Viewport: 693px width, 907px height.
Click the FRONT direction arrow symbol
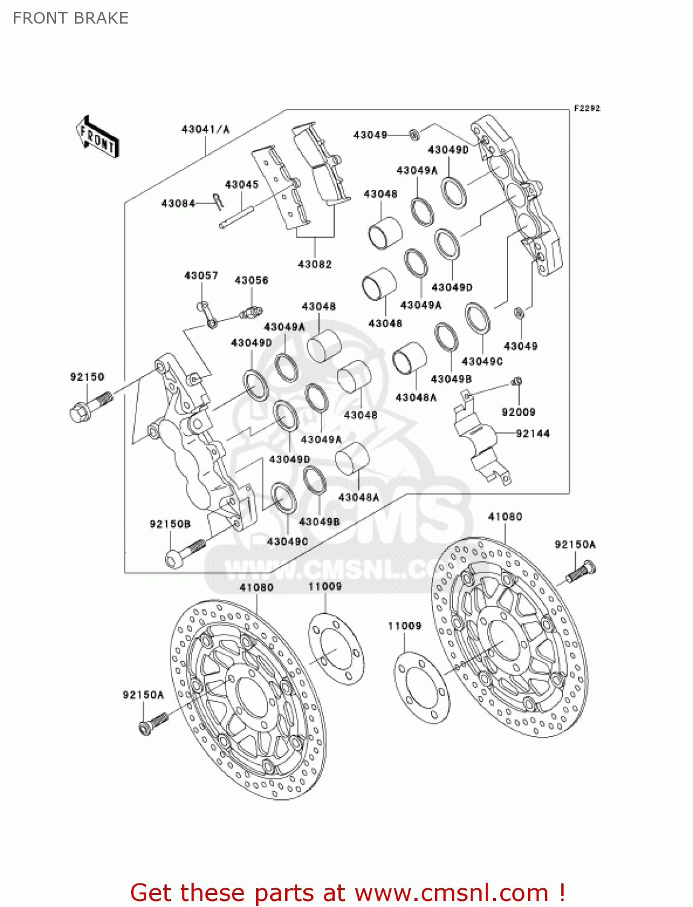tap(97, 137)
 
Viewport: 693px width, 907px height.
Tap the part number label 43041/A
tap(205, 129)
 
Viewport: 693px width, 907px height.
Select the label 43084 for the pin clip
tap(178, 204)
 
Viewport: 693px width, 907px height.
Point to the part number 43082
tap(315, 264)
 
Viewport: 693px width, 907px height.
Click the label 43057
tap(201, 276)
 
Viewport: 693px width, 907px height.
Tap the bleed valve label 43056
tap(251, 281)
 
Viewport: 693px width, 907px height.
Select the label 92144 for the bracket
tap(533, 434)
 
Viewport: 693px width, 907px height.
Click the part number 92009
tap(518, 412)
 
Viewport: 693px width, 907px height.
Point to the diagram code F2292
tap(587, 108)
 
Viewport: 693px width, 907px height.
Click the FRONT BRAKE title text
tap(71, 18)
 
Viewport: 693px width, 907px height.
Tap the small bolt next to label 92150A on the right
tap(581, 571)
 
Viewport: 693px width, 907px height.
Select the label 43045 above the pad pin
tap(242, 184)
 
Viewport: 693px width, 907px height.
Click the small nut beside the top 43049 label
tap(414, 134)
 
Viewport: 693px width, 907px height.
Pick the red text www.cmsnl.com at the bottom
tap(451, 892)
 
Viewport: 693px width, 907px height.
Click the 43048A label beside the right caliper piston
tap(416, 397)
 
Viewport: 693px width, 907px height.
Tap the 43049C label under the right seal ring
tap(482, 361)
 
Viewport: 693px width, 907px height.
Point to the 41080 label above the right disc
tap(505, 516)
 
